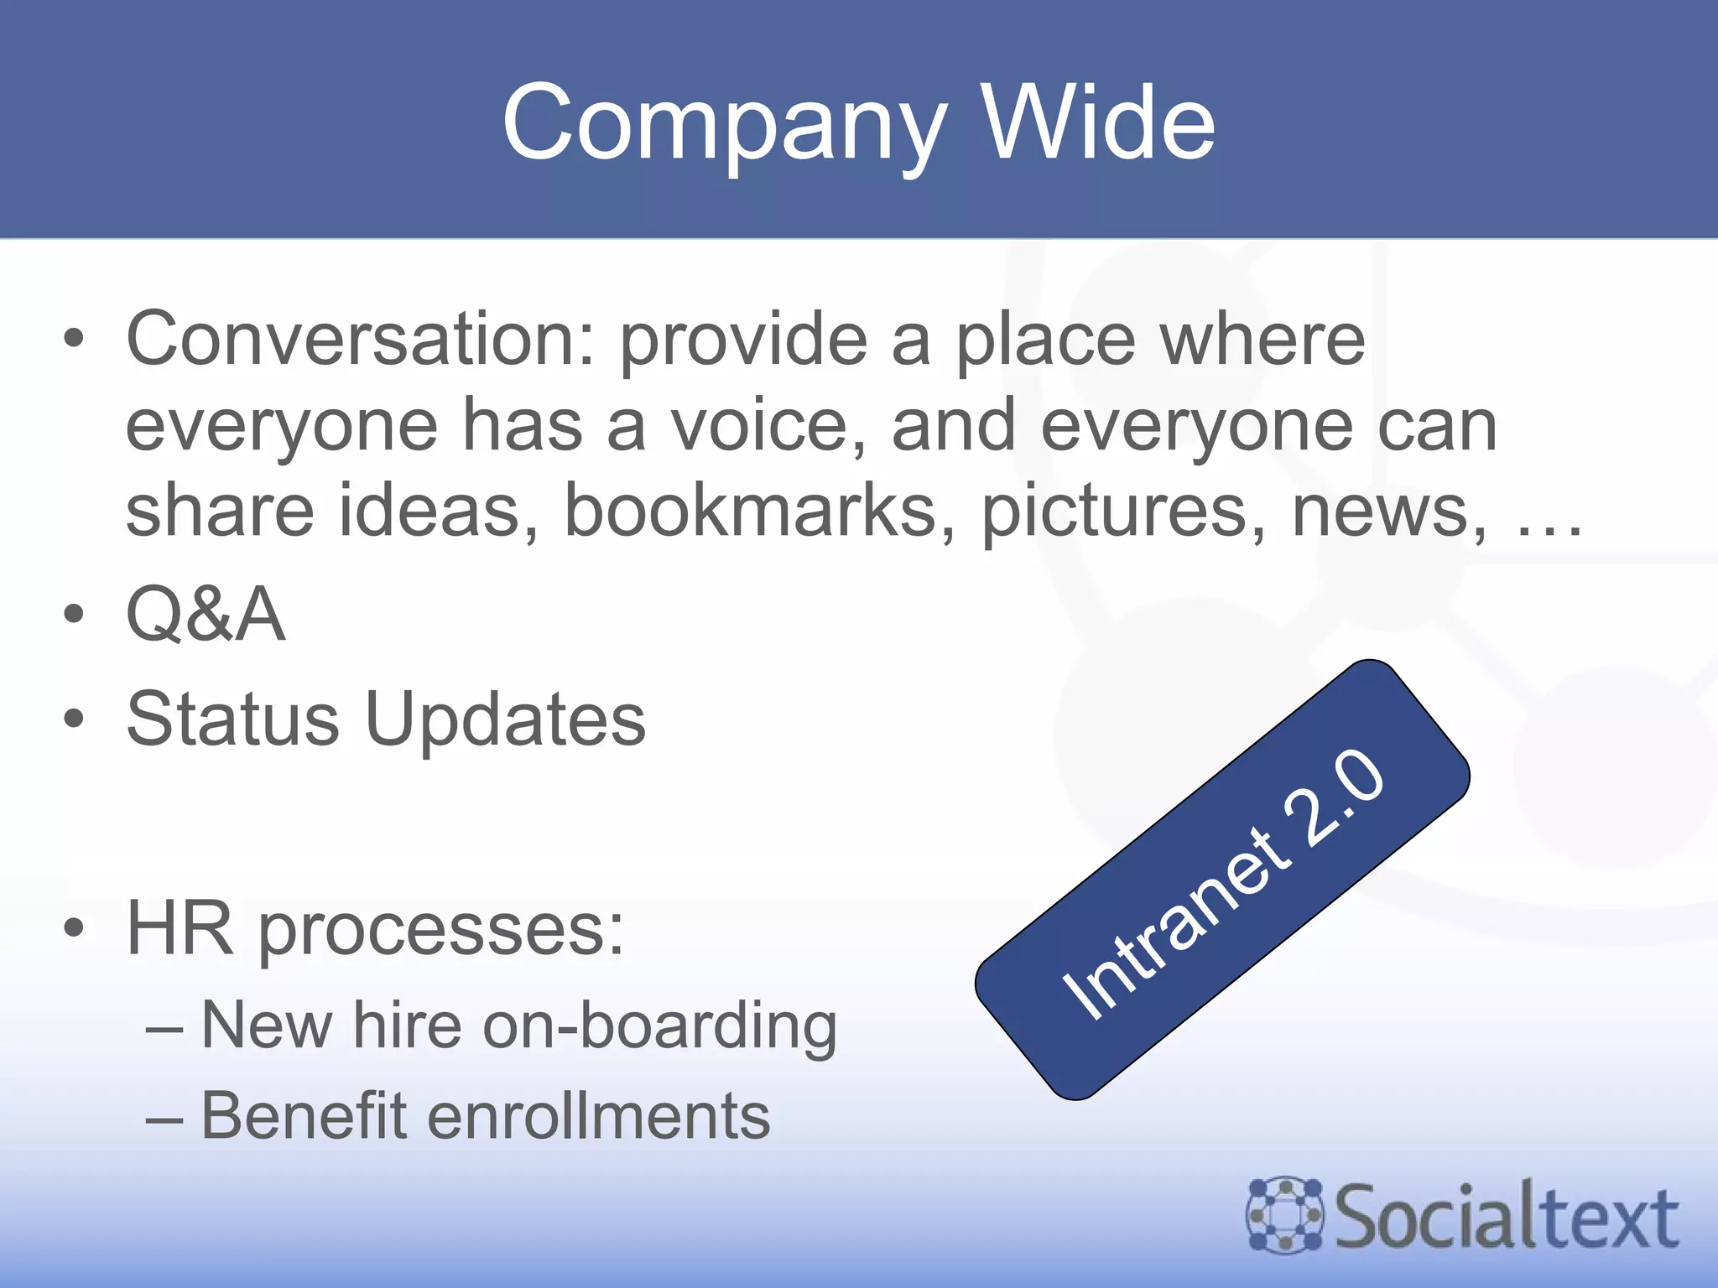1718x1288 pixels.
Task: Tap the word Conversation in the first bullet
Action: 359,339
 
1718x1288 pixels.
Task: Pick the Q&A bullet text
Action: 206,615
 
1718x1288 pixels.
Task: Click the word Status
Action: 232,719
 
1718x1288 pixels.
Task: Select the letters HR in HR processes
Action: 180,929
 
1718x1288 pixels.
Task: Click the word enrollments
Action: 599,1116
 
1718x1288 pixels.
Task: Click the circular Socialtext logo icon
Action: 1284,1215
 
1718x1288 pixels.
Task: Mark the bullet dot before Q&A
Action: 74,615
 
